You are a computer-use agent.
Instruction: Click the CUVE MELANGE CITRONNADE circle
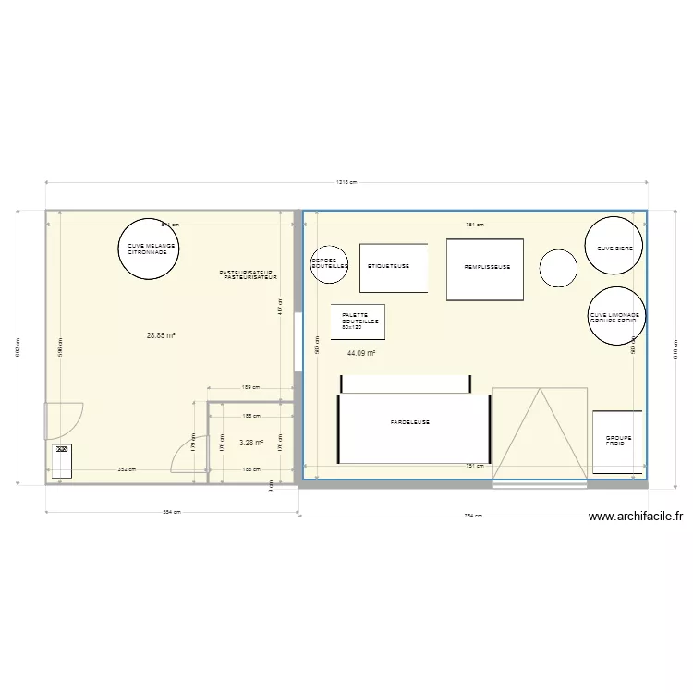pyautogui.click(x=147, y=248)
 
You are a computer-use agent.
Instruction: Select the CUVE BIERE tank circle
pyautogui.click(x=614, y=246)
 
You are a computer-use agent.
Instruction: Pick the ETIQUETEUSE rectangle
pyautogui.click(x=393, y=268)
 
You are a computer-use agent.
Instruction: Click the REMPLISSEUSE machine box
pyautogui.click(x=485, y=269)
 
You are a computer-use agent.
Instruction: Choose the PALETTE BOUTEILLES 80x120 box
pyautogui.click(x=358, y=322)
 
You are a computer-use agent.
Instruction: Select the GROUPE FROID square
pyautogui.click(x=615, y=443)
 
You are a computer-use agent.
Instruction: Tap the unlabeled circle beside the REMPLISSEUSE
pyautogui.click(x=559, y=269)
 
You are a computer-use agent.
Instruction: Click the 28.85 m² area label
pyautogui.click(x=161, y=335)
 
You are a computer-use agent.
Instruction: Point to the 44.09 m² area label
pyautogui.click(x=361, y=353)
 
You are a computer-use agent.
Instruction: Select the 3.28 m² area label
pyautogui.click(x=251, y=444)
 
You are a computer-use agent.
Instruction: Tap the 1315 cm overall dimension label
pyautogui.click(x=346, y=182)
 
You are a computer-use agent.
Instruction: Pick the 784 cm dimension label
pyautogui.click(x=472, y=517)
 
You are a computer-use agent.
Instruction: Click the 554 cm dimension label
pyautogui.click(x=172, y=513)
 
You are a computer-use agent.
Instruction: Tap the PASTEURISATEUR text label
pyautogui.click(x=248, y=274)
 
